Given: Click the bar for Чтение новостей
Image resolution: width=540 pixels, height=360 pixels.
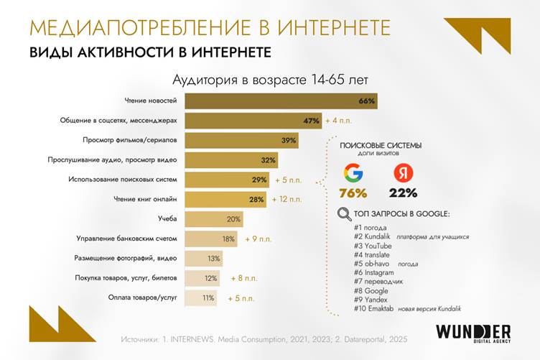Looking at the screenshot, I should pyautogui.click(x=280, y=101).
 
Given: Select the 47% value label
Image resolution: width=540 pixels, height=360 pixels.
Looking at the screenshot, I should pyautogui.click(x=311, y=121).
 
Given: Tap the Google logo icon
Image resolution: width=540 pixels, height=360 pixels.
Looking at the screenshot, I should pyautogui.click(x=353, y=174).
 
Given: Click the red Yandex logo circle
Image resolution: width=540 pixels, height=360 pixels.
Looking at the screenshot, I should pyautogui.click(x=402, y=174).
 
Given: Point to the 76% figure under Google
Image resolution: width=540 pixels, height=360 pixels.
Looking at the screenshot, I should pyautogui.click(x=353, y=193).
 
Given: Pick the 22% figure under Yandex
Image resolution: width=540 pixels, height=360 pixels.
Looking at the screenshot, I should pyautogui.click(x=402, y=193).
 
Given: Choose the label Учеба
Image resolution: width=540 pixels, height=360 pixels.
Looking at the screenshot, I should pyautogui.click(x=168, y=218).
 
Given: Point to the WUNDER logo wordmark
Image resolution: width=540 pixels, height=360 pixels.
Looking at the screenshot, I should pyautogui.click(x=473, y=331).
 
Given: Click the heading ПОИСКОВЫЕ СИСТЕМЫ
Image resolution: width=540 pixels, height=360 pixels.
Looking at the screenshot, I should pyautogui.click(x=380, y=145).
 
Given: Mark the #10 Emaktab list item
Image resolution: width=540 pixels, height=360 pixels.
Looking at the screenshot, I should pyautogui.click(x=375, y=310).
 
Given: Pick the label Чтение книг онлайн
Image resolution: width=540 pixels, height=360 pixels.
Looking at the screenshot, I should pyautogui.click(x=146, y=199).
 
